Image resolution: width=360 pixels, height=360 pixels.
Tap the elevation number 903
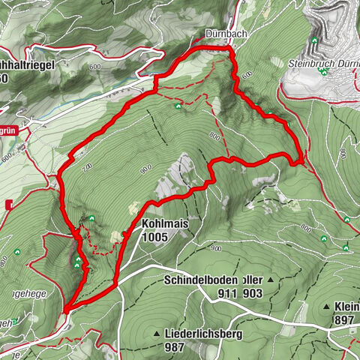252,294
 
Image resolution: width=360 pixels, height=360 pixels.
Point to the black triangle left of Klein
328,307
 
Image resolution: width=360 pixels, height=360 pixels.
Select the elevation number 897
344,320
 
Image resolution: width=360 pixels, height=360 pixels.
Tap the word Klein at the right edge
346,307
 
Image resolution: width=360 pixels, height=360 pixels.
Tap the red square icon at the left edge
10,204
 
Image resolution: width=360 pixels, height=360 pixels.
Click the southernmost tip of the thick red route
66,309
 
